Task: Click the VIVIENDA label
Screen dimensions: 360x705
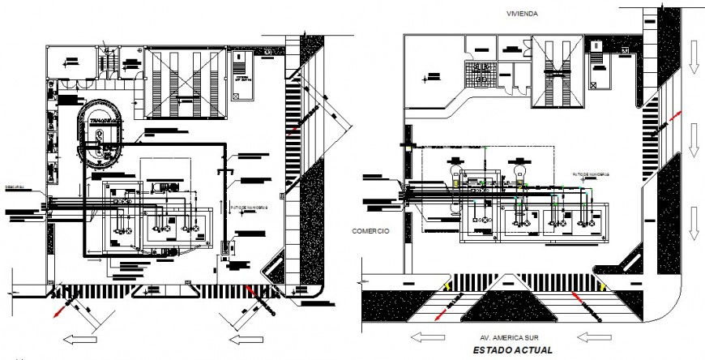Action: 523,14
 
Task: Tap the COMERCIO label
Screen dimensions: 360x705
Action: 370,231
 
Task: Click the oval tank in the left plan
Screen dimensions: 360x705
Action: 97,135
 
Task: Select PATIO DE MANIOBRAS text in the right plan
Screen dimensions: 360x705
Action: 590,174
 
